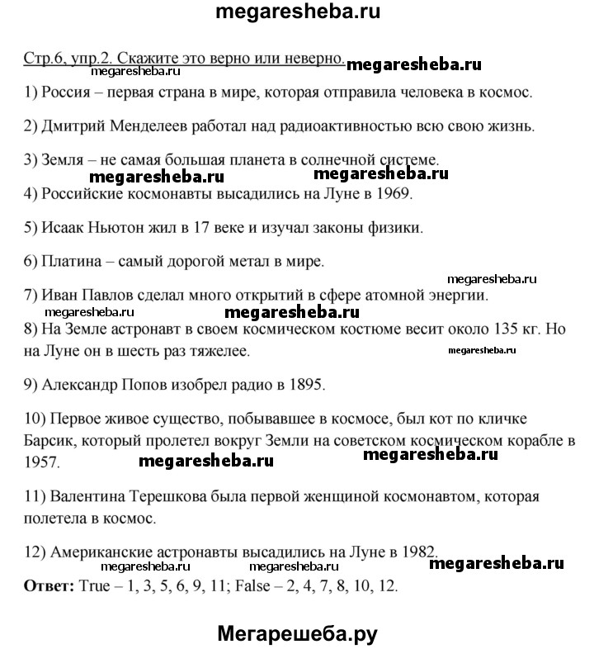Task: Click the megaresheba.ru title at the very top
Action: coord(298,14)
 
